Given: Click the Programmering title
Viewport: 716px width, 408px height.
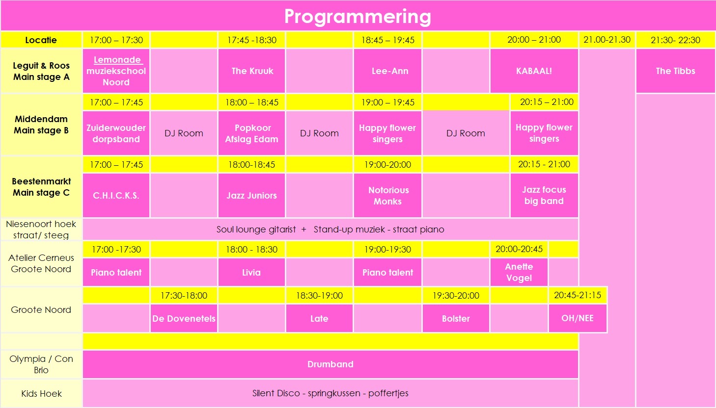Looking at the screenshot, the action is click(x=358, y=17).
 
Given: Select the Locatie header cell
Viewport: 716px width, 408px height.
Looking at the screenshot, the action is click(x=41, y=40).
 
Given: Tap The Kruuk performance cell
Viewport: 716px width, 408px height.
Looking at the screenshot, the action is click(x=251, y=71).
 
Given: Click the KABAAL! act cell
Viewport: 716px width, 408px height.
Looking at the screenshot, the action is click(x=534, y=71).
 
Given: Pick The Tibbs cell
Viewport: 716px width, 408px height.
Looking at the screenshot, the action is click(x=676, y=71).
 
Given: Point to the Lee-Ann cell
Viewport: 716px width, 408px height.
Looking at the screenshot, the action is click(x=387, y=71).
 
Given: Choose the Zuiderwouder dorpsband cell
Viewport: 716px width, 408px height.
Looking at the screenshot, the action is click(x=116, y=133).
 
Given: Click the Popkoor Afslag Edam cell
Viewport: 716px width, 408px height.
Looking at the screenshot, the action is click(x=251, y=133).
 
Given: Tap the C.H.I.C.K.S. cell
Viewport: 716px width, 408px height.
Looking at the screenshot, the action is click(x=116, y=195).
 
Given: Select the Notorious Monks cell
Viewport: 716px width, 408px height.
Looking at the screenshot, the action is click(x=387, y=195).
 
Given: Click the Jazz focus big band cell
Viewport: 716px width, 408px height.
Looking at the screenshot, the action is click(x=544, y=195).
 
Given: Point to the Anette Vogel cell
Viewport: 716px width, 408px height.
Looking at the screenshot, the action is click(x=519, y=272).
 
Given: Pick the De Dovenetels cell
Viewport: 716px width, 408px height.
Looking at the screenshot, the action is click(x=184, y=318).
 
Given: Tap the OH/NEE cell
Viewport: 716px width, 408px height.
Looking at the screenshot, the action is click(x=578, y=318).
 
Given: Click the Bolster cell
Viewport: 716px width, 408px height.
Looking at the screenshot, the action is click(x=456, y=318).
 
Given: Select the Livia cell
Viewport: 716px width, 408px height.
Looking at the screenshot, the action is click(x=251, y=272).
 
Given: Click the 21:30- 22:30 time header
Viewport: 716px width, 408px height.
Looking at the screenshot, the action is click(x=676, y=40).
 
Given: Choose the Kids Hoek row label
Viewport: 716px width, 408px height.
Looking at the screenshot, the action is click(x=41, y=393).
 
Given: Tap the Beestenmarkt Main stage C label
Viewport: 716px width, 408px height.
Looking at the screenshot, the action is click(x=41, y=187).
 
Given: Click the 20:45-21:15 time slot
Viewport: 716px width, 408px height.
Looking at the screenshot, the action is click(x=578, y=295).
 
